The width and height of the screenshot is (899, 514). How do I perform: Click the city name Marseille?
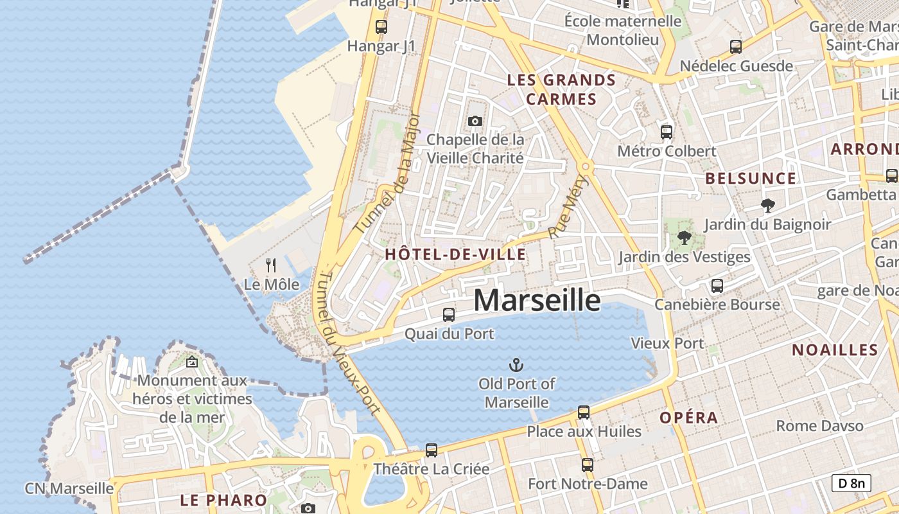[x=537, y=301]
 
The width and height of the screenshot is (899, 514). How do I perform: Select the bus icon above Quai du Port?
[x=449, y=315]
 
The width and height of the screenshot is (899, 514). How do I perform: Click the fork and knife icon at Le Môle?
[x=272, y=265]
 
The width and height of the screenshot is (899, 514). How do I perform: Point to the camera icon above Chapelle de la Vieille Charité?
[x=475, y=121]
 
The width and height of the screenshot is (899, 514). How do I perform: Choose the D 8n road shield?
[x=851, y=483]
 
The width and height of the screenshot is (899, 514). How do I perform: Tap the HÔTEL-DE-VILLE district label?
[x=455, y=254]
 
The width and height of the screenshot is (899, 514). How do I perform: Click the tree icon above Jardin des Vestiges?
[x=685, y=238]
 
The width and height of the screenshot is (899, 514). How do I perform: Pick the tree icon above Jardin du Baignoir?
[x=767, y=206]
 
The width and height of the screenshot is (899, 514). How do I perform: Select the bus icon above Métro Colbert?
[x=667, y=132]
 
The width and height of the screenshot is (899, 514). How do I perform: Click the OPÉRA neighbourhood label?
[x=689, y=418]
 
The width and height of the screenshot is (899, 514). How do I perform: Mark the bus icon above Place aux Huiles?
[x=584, y=412]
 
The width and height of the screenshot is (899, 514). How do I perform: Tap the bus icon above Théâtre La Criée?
[x=432, y=450]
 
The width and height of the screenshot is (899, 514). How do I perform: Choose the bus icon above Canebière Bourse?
[x=717, y=286]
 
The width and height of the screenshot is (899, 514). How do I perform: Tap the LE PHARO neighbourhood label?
[x=223, y=500]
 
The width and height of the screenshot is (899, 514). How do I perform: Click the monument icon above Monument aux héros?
[x=191, y=362]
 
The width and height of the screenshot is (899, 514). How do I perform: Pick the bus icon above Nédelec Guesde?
[x=736, y=47]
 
